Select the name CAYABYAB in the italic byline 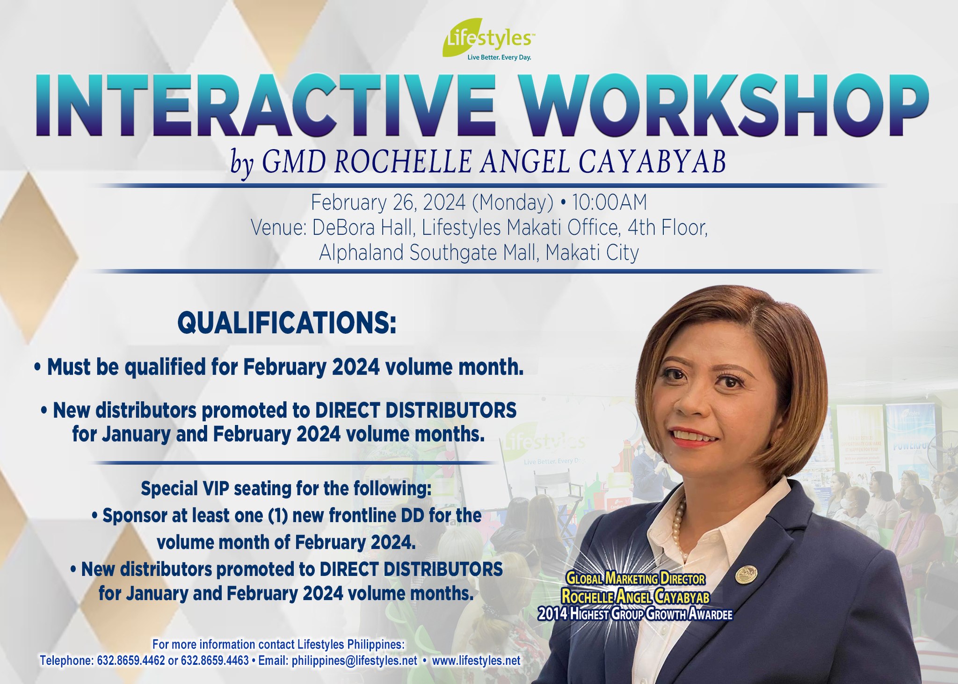(x=652, y=162)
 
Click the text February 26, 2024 (x=388, y=203)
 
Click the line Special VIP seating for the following (x=286, y=489)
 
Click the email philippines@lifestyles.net (x=354, y=661)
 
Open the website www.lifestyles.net (x=476, y=661)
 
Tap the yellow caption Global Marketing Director (x=635, y=579)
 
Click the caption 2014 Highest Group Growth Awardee (x=635, y=614)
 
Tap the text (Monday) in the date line (x=512, y=203)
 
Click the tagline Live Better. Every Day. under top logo (x=499, y=58)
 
